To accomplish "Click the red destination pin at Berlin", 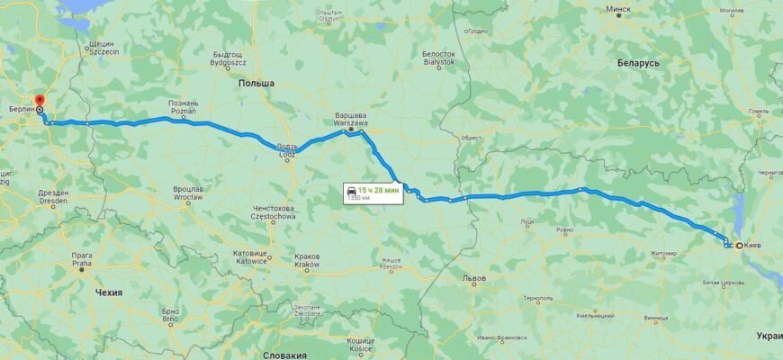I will pyautogui.click(x=38, y=100).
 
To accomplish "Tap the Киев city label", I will pyautogui.click(x=754, y=245).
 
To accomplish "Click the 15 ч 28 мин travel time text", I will pyautogui.click(x=376, y=190).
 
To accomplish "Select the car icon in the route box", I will pyautogui.click(x=349, y=191).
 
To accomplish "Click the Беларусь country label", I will pyautogui.click(x=638, y=64).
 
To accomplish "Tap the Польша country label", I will pyautogui.click(x=256, y=83).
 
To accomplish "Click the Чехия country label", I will pyautogui.click(x=108, y=292).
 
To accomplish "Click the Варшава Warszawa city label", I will pyautogui.click(x=350, y=121).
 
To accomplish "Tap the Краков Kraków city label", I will pyautogui.click(x=307, y=261).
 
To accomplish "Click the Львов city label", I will pyautogui.click(x=473, y=279).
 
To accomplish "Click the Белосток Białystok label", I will pyautogui.click(x=439, y=58).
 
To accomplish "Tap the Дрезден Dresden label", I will pyautogui.click(x=53, y=197).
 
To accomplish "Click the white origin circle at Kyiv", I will pyautogui.click(x=739, y=245).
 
